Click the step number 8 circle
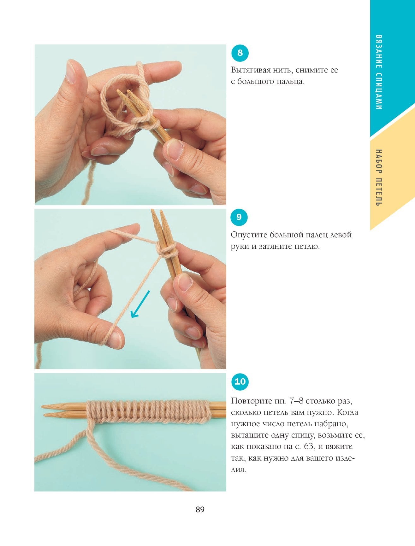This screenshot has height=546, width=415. (240, 53)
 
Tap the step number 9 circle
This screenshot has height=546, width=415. (239, 217)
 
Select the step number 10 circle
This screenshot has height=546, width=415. (240, 382)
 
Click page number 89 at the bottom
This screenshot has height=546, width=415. (200, 510)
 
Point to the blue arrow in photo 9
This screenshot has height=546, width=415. (140, 304)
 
